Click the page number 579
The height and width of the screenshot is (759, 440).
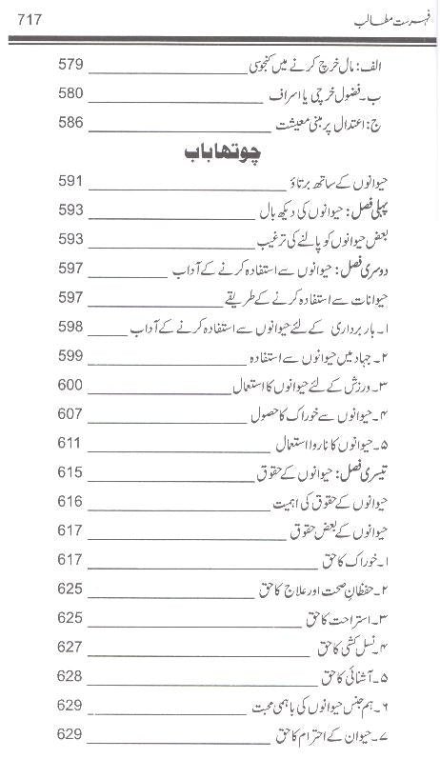71,65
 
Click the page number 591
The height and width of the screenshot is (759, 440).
71,181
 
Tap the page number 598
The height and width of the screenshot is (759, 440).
71,327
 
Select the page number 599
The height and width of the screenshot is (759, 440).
71,355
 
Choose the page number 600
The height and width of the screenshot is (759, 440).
71,385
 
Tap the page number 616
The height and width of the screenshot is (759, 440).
71,501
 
